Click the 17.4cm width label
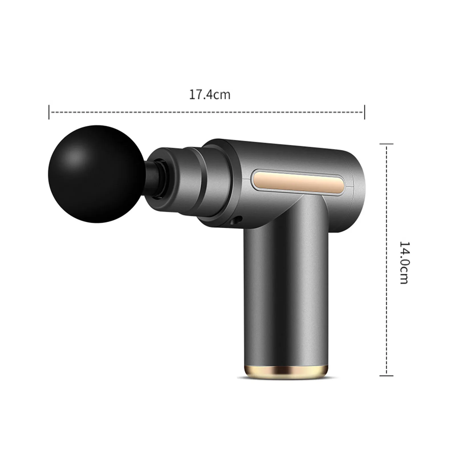[210, 95]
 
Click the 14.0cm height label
[404, 262]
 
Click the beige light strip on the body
[297, 182]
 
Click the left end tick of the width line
[49, 112]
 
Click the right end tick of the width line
[365, 112]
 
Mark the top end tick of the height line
[387, 144]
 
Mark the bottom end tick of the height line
[387, 376]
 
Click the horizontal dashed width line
[207, 112]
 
